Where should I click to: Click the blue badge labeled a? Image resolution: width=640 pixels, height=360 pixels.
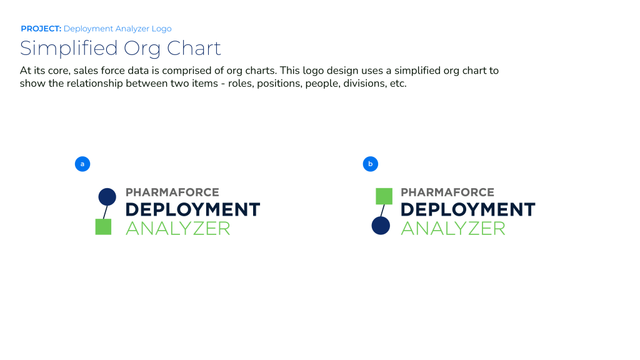82,164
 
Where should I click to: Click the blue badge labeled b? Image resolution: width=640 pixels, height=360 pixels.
371,164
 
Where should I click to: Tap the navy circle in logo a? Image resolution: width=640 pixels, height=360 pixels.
107,197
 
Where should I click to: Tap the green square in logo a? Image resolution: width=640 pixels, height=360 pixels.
103,227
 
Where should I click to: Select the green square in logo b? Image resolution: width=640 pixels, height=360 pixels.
384,196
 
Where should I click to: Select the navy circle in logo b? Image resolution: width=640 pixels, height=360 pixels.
381,226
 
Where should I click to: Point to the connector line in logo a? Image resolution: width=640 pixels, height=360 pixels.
105,212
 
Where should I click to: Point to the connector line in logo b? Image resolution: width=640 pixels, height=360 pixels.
382,211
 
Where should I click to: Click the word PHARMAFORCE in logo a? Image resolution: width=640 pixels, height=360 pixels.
172,192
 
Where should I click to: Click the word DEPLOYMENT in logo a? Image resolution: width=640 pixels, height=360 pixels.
192,210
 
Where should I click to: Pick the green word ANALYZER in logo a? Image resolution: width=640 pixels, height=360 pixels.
178,229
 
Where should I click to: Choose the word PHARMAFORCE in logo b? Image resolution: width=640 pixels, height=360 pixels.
447,192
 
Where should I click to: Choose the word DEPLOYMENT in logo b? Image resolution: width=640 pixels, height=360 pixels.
467,210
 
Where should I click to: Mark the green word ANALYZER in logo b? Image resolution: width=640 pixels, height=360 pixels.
453,229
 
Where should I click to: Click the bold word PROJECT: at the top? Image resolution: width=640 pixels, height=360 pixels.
41,29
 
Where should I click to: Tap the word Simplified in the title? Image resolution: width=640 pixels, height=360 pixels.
69,49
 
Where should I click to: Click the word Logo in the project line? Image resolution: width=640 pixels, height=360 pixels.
162,29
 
